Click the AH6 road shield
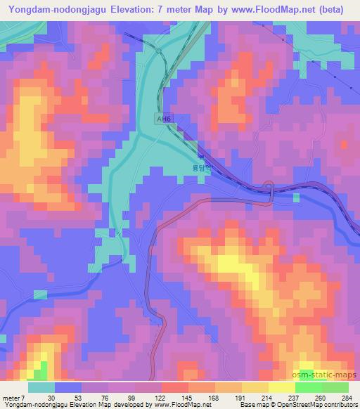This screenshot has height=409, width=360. click(x=164, y=120)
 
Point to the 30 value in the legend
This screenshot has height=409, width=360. click(x=51, y=398)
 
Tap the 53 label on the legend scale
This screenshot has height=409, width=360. click(x=77, y=398)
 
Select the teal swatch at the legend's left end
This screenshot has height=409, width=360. click(x=41, y=387)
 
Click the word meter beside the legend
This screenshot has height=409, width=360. click(x=12, y=398)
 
